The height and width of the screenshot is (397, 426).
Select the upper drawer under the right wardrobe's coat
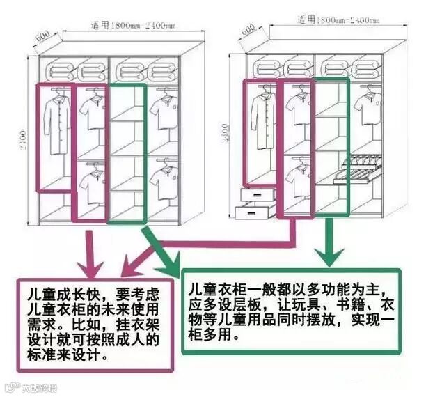pyautogui.click(x=255, y=195)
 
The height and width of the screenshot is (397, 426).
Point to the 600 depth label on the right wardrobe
pyautogui.click(x=247, y=31)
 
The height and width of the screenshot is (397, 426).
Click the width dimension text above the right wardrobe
pyautogui.click(x=332, y=20)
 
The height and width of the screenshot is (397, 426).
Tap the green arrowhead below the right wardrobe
pyautogui.click(x=327, y=256)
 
